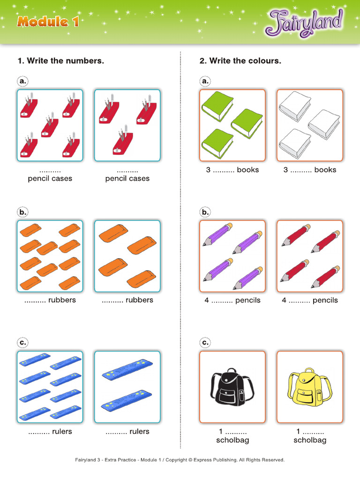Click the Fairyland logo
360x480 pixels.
click(304, 23)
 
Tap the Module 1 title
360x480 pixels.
click(48, 22)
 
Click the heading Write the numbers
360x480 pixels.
click(61, 60)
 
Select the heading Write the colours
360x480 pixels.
click(240, 60)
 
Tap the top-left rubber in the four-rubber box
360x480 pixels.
click(113, 234)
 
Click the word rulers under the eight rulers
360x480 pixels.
click(62, 431)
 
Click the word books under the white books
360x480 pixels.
click(325, 170)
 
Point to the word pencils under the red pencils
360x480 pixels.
click(325, 300)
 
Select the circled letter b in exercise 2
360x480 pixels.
click(205, 212)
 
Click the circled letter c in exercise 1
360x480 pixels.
click(22, 343)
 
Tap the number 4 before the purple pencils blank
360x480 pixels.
click(207, 300)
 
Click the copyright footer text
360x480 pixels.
click(180, 460)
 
